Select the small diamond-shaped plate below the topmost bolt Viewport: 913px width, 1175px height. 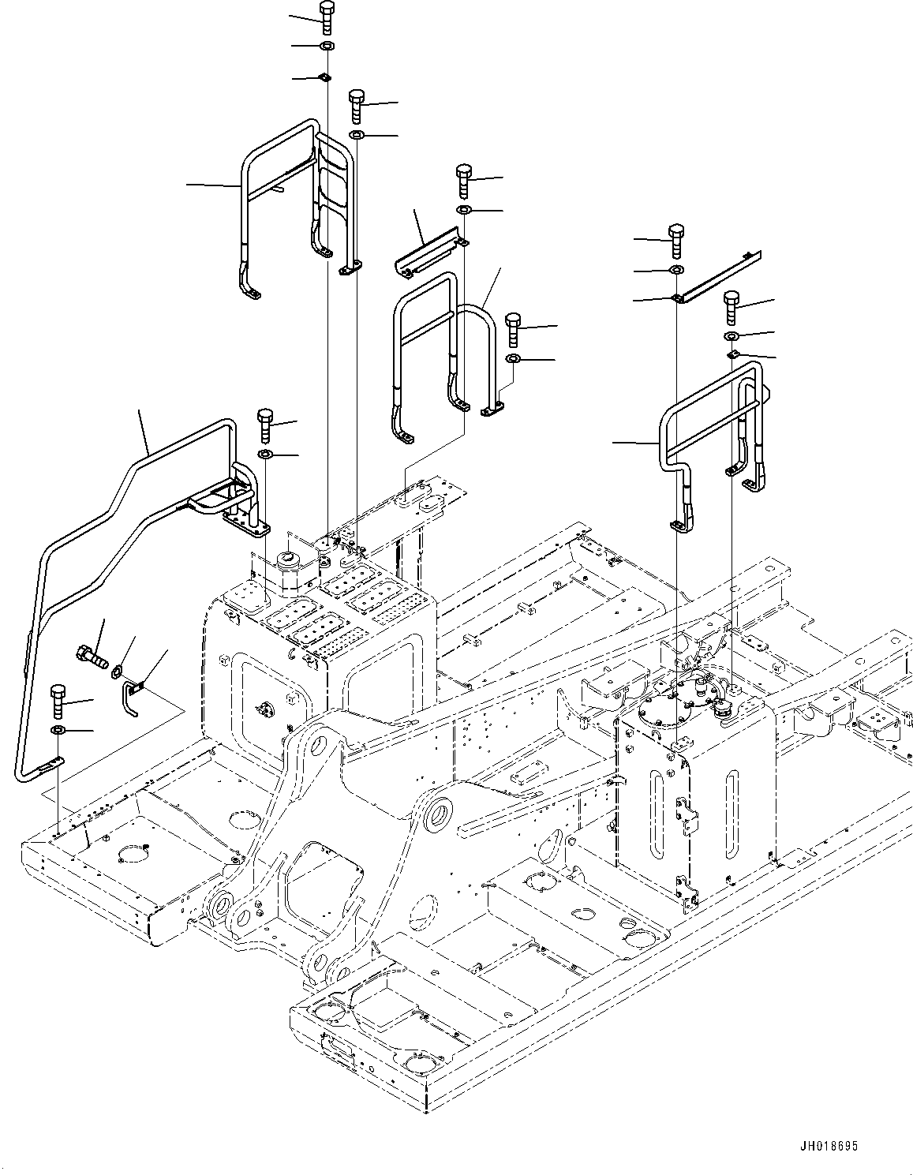click(324, 77)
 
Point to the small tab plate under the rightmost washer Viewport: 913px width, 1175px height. click(733, 355)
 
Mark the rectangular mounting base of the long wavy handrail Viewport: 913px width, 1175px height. click(245, 521)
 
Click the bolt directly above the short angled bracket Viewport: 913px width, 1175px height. click(464, 180)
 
